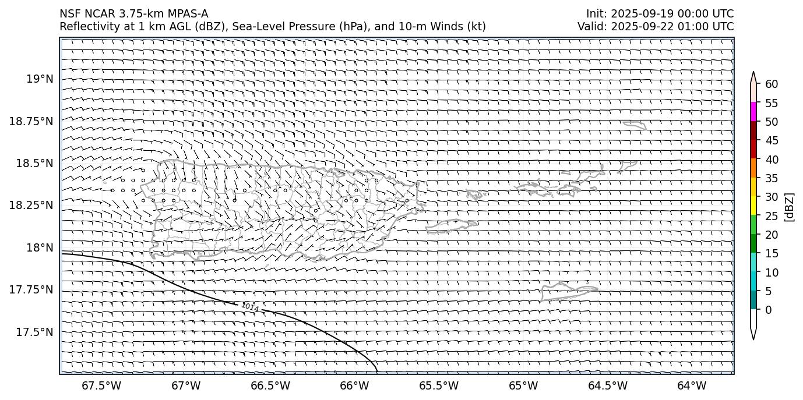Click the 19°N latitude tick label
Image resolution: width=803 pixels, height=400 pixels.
coord(40,79)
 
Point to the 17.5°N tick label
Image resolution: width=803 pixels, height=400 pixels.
coord(34,332)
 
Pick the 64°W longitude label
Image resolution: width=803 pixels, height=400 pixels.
coord(692,386)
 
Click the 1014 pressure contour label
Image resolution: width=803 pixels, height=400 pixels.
coord(250,306)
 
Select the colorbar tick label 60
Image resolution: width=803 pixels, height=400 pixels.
coord(772,84)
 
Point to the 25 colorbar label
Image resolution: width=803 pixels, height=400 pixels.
coord(772,216)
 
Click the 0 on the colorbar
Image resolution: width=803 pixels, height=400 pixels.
coord(769,310)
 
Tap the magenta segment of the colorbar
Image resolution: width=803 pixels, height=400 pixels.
coord(753,112)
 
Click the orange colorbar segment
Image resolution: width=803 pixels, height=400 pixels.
coord(753,168)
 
